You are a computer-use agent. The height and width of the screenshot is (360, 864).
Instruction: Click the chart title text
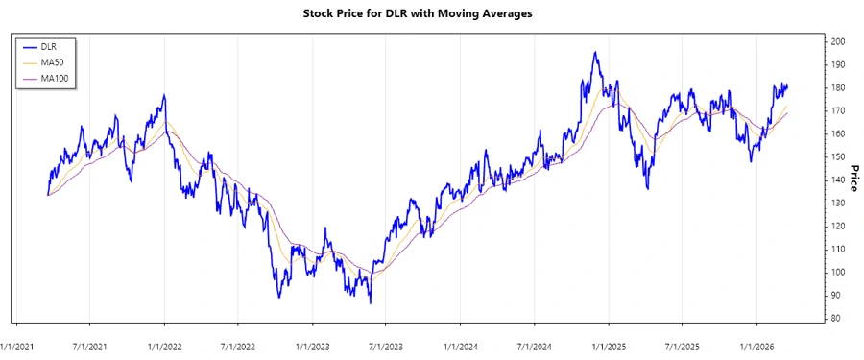point(431,13)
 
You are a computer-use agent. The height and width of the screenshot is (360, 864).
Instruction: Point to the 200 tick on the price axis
point(838,42)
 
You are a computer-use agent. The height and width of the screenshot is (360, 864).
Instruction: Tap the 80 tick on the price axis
point(836,318)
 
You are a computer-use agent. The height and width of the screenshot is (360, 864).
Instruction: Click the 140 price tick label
point(838,180)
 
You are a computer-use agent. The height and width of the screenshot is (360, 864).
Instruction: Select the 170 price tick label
point(838,111)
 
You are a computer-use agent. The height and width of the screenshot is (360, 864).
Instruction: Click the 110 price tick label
point(838,250)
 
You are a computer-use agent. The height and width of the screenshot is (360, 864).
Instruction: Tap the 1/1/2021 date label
point(19,343)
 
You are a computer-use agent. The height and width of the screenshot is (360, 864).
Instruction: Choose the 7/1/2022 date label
point(238,343)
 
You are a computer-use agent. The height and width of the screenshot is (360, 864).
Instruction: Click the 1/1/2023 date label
point(313,343)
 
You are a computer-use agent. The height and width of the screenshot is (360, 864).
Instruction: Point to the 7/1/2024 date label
point(533,343)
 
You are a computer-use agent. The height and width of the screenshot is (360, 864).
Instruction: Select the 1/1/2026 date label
point(757,343)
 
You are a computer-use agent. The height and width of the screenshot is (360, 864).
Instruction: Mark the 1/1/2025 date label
point(609,343)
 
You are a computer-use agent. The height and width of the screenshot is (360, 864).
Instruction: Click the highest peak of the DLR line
point(595,52)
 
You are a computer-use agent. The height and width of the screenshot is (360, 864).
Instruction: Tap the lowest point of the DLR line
point(371,303)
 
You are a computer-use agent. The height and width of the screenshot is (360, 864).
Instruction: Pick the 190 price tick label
point(838,65)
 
